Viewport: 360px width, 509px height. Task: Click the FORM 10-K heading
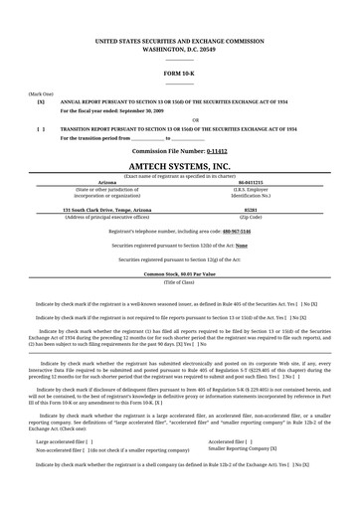pyautogui.click(x=179, y=73)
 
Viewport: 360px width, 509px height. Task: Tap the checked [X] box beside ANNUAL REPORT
pyautogui.click(x=40, y=102)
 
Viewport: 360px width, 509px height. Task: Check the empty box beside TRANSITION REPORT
pyautogui.click(x=40, y=129)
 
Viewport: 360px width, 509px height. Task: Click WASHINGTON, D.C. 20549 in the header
pyautogui.click(x=179, y=48)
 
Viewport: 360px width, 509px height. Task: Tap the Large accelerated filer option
pyautogui.click(x=65, y=468)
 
